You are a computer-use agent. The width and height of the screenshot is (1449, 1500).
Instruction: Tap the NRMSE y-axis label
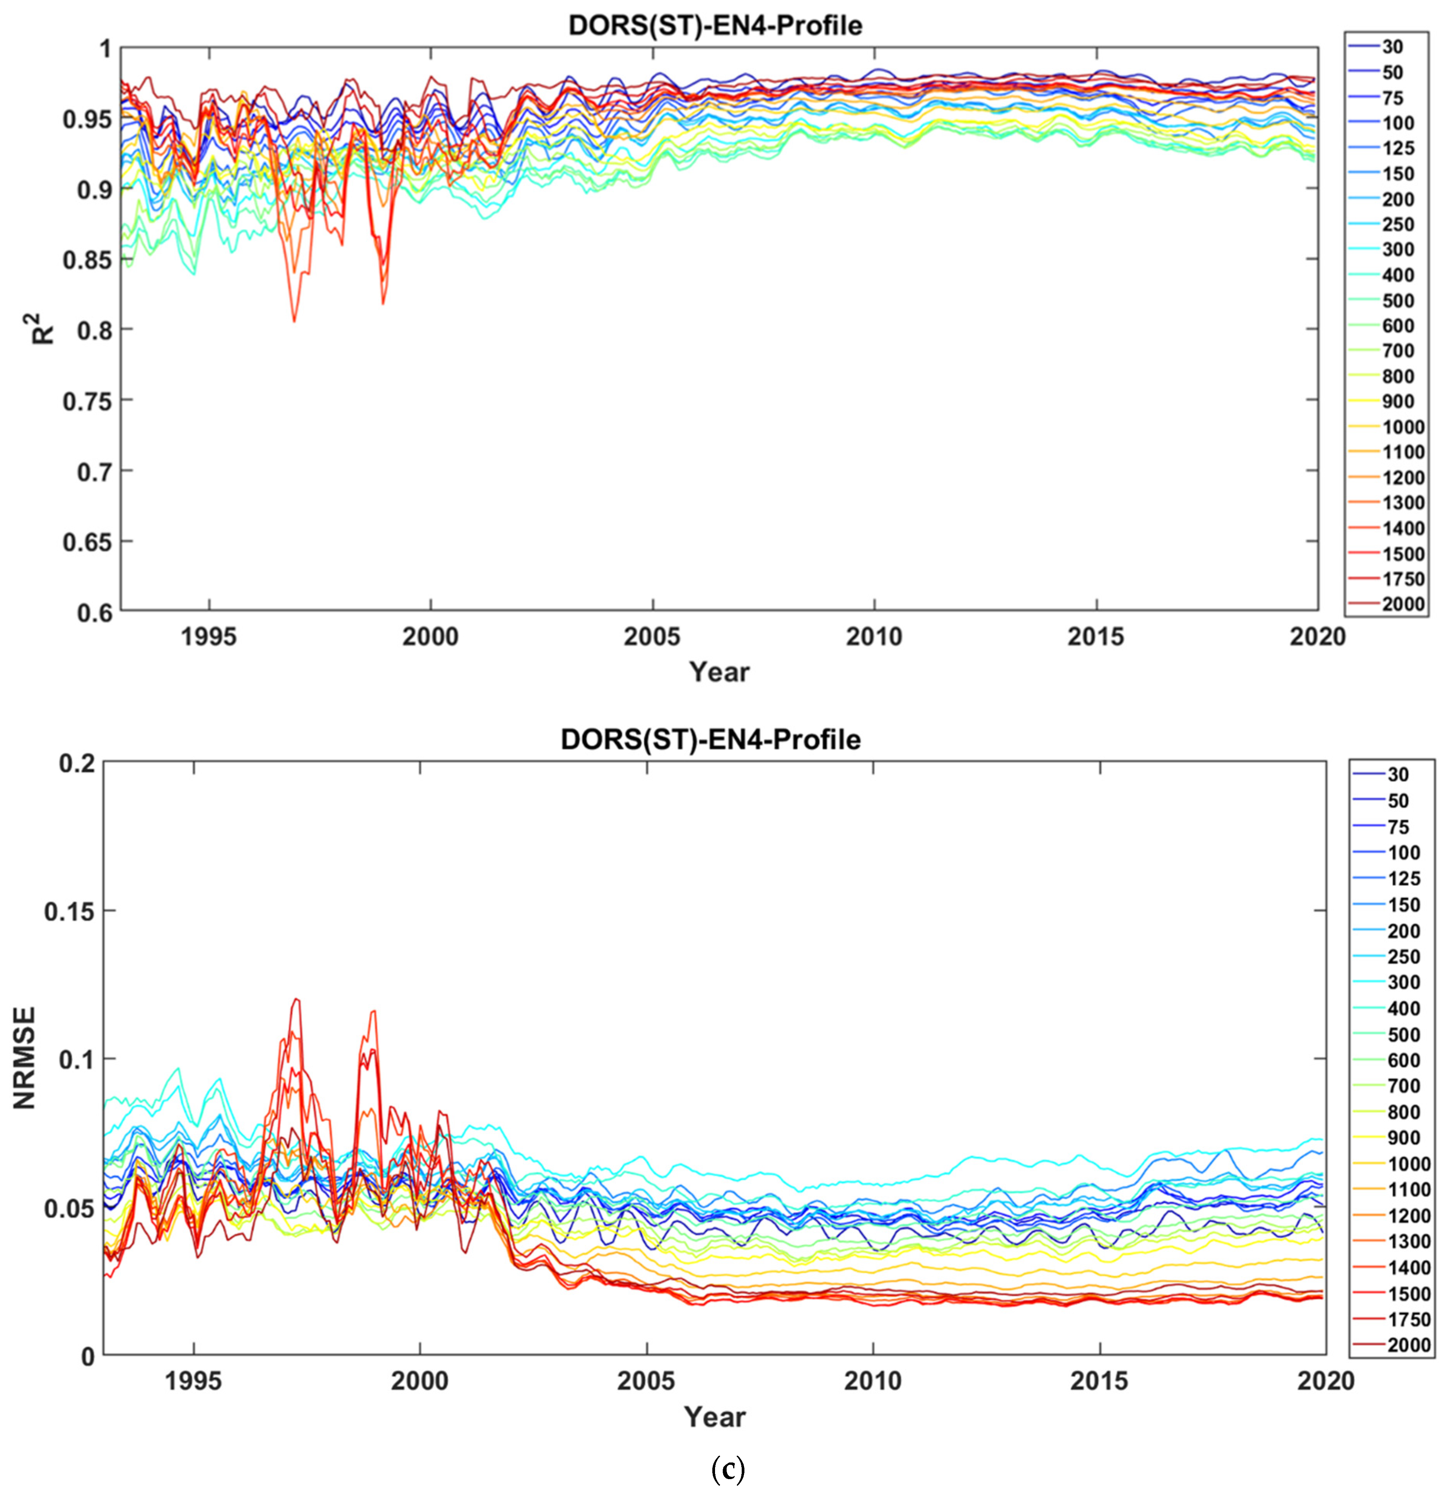[24, 1058]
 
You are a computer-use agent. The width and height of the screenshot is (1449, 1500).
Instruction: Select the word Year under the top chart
[719, 672]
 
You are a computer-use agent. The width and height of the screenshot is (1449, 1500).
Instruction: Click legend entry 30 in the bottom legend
[1398, 774]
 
